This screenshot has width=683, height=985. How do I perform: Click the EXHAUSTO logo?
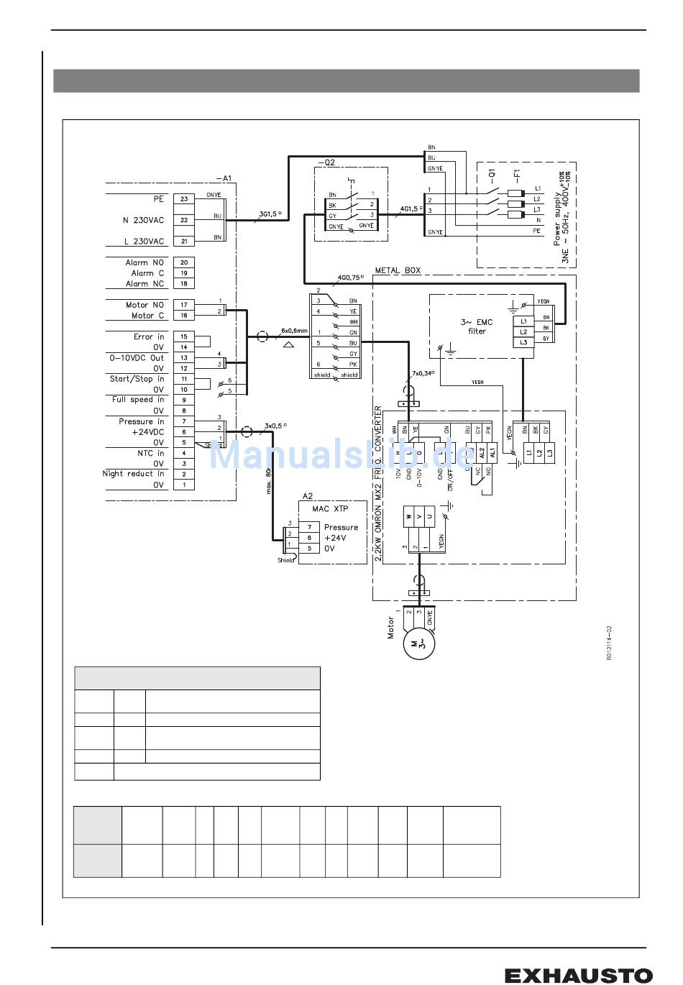[x=578, y=975]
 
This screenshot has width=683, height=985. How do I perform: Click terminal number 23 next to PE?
[x=184, y=199]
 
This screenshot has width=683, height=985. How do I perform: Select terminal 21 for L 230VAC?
[x=184, y=242]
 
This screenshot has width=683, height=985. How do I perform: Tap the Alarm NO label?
[x=145, y=262]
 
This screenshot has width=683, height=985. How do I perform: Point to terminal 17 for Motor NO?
[x=184, y=305]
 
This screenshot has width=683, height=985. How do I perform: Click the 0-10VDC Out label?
[x=137, y=357]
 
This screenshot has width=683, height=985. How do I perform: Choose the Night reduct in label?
[x=133, y=474]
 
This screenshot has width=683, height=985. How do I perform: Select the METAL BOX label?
[x=398, y=270]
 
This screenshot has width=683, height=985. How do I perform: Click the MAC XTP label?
[x=330, y=509]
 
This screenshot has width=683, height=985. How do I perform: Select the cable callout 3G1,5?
[x=268, y=214]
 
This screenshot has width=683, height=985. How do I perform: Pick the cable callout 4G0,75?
[x=348, y=278]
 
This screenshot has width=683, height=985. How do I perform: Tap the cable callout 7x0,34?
[x=422, y=374]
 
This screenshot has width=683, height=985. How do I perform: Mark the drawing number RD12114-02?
[x=608, y=643]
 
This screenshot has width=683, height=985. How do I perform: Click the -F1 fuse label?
[x=517, y=174]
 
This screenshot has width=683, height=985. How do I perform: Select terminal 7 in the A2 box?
[x=309, y=527]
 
